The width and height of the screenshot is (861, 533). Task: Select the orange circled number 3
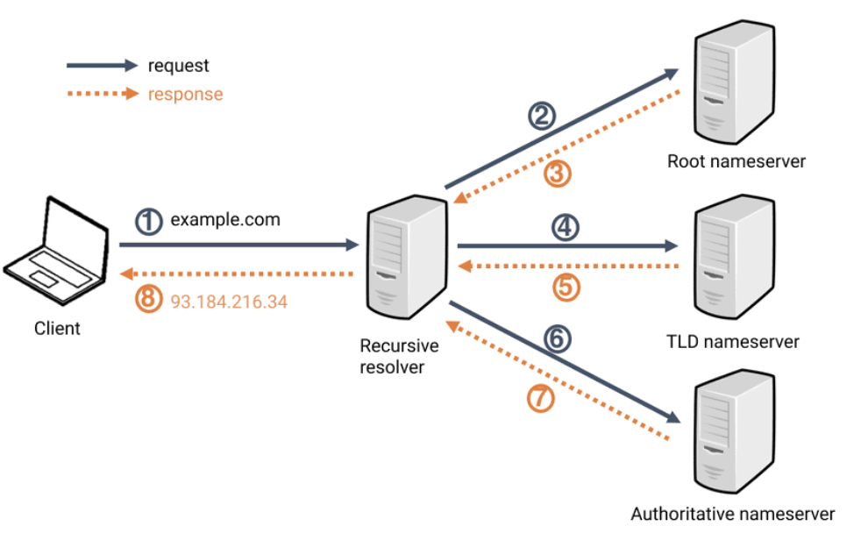coord(557,173)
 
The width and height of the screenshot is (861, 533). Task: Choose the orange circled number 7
coord(541,398)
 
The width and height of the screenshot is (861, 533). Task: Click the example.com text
coord(225,220)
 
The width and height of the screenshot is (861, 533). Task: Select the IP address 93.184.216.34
coord(229,301)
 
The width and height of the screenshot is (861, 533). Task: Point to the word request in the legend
coord(179,66)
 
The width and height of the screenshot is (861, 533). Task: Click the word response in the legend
coord(185,94)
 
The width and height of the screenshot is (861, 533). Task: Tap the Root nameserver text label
coord(736,161)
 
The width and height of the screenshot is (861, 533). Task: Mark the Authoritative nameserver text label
coord(732,514)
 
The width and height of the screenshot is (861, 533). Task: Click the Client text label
coord(57,329)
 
